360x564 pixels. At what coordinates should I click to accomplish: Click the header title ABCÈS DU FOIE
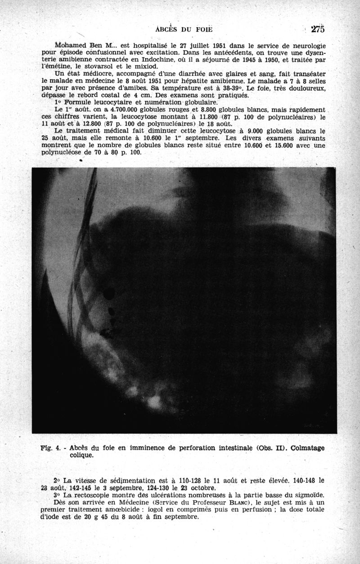[183, 30]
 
